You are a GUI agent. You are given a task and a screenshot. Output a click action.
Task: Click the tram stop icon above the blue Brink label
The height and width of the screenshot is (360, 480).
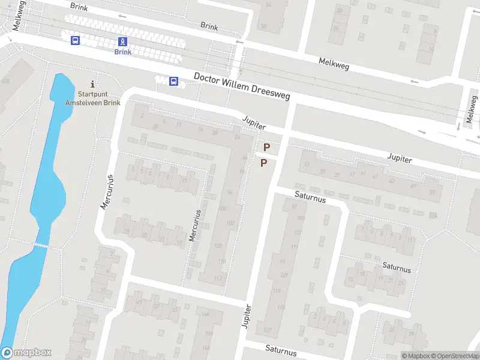click(122, 41)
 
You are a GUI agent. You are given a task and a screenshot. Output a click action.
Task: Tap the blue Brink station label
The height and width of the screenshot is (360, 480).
click(122, 52)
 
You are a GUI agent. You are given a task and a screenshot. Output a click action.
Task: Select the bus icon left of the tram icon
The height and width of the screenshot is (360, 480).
click(75, 40)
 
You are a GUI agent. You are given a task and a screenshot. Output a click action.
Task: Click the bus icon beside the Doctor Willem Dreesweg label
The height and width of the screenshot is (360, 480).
click(173, 81)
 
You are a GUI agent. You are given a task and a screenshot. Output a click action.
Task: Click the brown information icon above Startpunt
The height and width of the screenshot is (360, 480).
click(92, 83)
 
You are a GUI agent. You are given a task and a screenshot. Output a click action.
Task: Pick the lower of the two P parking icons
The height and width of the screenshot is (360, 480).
click(263, 163)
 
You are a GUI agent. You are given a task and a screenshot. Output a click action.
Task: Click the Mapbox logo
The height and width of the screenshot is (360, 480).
click(26, 353)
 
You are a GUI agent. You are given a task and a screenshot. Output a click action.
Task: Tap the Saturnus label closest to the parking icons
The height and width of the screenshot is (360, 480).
click(309, 196)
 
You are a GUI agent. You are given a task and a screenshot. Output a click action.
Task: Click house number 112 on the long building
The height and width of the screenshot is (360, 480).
click(218, 278)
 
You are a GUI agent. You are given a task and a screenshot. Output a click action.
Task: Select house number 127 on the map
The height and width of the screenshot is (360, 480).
click(268, 331)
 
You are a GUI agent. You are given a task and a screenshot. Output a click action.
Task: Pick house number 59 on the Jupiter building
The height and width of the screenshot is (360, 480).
click(431, 192)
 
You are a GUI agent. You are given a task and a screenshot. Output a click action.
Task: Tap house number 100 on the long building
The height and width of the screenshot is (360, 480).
click(222, 209)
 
